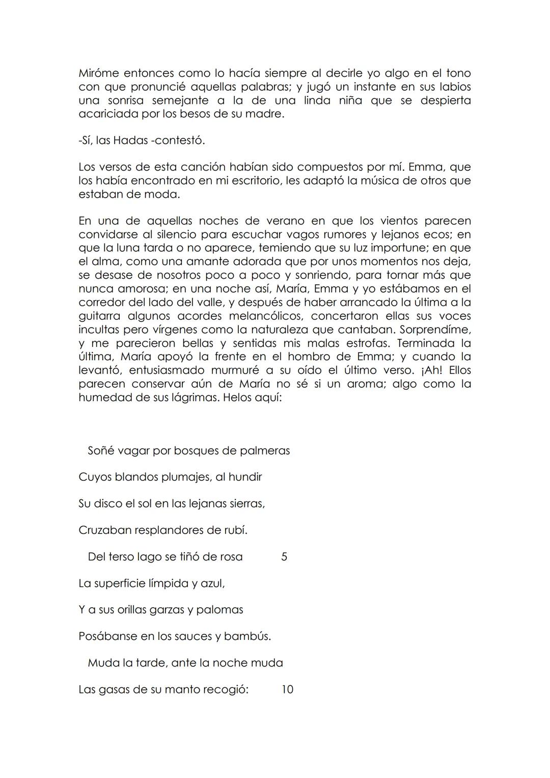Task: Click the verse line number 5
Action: coord(284,557)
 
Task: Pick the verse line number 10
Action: coord(287,690)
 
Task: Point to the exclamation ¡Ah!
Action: coord(431,370)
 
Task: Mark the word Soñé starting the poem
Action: coord(100,451)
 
